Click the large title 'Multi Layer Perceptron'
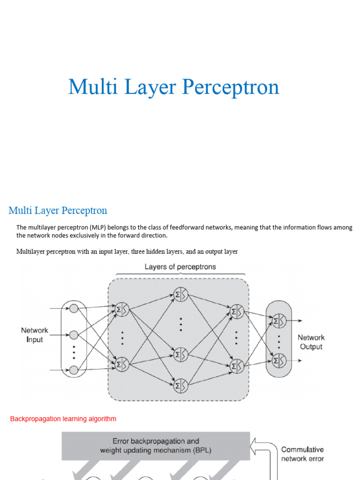coord(173,87)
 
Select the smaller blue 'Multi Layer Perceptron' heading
coord(58,210)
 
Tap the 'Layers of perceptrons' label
coord(180,267)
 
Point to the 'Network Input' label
coord(34,335)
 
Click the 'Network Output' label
coord(311,342)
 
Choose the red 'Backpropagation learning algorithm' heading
coord(63,419)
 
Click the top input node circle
coord(74,308)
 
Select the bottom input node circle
coord(74,370)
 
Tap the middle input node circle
coord(74,335)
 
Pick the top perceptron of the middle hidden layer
coord(180,294)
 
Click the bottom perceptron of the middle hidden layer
coord(180,386)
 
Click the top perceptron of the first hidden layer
coord(122,309)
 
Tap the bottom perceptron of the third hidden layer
coord(237,366)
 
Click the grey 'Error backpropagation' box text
coord(156,446)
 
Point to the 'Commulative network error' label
coord(302,454)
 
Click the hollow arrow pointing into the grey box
coord(257,443)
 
